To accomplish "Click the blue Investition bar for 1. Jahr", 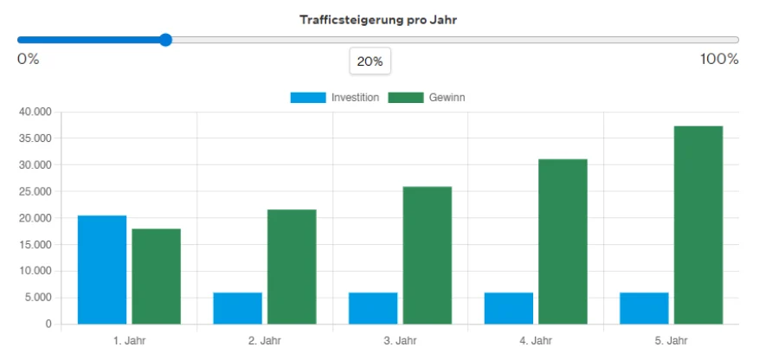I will (x=102, y=270).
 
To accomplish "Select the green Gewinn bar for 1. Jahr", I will (x=156, y=277).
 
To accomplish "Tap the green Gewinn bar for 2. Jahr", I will (x=292, y=267).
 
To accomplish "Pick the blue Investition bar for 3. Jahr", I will (x=373, y=309).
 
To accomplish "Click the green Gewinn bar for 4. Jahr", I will (x=563, y=241).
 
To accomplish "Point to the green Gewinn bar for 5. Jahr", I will (x=698, y=225).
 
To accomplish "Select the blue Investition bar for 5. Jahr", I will (x=644, y=309).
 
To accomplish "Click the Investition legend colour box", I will (x=308, y=98).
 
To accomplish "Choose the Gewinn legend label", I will (x=447, y=98).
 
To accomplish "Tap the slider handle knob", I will (x=165, y=40).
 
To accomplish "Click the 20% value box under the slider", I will (x=370, y=61).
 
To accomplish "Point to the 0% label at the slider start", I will (x=28, y=59).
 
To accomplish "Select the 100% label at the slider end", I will (x=719, y=59).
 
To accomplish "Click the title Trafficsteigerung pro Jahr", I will (x=378, y=19).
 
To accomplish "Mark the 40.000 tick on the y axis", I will (x=35, y=112).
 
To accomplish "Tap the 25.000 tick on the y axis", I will (x=35, y=191).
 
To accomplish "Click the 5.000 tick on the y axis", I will (x=37, y=298).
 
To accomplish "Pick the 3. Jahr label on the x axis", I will (x=400, y=341).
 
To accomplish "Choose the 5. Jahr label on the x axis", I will (x=671, y=341).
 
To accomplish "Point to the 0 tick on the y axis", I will (x=48, y=325).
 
